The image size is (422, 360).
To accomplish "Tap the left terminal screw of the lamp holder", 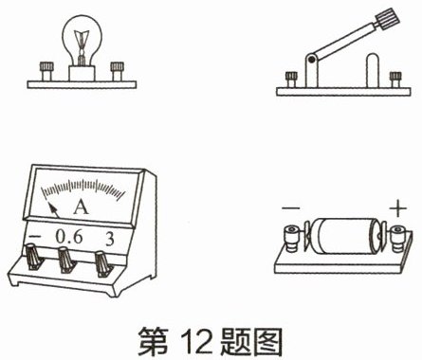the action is [46, 71].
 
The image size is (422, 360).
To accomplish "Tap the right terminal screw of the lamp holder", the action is [117, 71].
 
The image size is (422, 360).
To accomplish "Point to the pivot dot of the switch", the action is [312, 59].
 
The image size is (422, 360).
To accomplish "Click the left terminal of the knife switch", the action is [291, 80].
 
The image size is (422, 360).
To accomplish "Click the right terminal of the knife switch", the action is [395, 80].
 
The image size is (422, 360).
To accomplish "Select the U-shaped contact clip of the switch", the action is [373, 70].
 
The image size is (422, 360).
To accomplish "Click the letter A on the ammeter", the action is [81, 207].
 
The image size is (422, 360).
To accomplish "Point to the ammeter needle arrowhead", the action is [50, 207].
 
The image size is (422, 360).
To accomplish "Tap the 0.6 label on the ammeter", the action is [69, 237].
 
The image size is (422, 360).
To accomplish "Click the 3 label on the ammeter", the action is [109, 239].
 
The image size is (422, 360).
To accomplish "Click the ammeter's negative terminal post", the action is [33, 257].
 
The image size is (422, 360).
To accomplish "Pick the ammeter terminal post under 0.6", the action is [65, 261].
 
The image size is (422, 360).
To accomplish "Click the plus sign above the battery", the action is [398, 208].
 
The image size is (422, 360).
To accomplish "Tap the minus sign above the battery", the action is [291, 207].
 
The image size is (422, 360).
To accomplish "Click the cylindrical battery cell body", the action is [345, 236].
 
